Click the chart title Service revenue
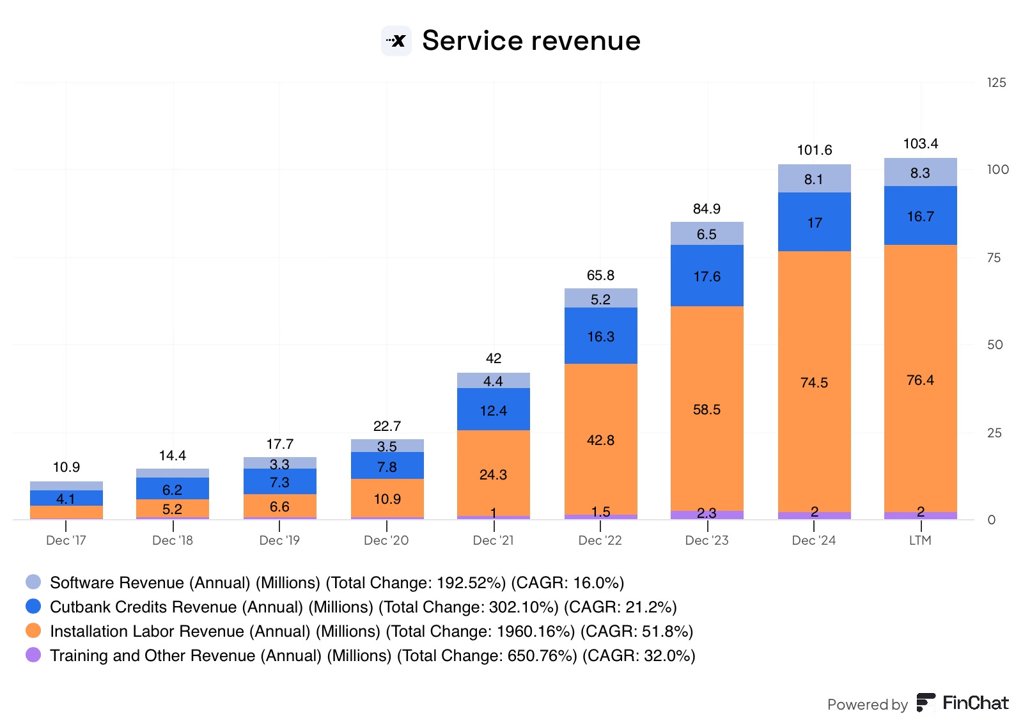(531, 40)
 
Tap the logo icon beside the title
(396, 41)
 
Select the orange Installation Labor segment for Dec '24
(814, 358)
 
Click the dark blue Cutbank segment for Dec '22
(600, 336)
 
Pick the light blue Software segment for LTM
(920, 172)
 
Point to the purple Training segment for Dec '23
(707, 515)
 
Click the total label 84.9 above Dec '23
(707, 208)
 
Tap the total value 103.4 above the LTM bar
(920, 143)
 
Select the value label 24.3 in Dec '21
(493, 474)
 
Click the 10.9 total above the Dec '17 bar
(66, 467)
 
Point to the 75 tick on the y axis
(994, 258)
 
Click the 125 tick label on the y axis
(996, 82)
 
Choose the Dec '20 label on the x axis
(386, 540)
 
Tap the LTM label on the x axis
(920, 540)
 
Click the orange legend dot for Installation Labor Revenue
(33, 631)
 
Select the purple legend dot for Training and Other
(33, 655)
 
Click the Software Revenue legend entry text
(336, 582)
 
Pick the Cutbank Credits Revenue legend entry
(363, 607)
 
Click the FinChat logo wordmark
(962, 703)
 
